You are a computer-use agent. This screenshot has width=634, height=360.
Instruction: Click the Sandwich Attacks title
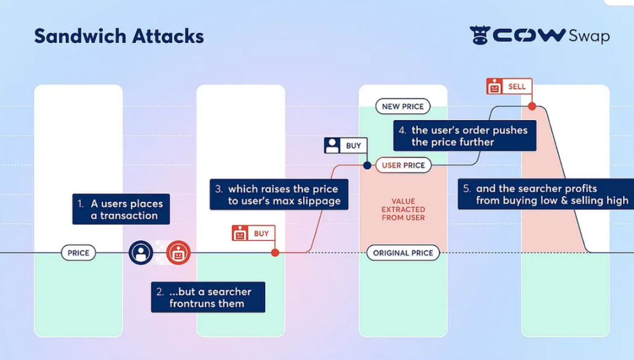[x=119, y=36]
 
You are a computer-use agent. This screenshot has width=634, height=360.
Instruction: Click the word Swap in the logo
[x=589, y=36]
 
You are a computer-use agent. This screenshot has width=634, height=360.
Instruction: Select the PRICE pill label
[x=78, y=253]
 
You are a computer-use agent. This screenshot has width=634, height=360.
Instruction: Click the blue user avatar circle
[x=141, y=253]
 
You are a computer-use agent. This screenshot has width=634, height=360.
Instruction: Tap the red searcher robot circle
[x=178, y=253]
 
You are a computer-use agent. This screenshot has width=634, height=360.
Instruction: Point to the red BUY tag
[x=253, y=233]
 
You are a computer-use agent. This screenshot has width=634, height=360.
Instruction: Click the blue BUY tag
[x=345, y=146]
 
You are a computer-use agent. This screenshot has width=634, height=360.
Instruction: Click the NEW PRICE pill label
[x=403, y=107]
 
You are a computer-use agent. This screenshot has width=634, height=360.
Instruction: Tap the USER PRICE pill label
[x=403, y=165]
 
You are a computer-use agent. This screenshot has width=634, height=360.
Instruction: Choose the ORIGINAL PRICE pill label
[x=403, y=253]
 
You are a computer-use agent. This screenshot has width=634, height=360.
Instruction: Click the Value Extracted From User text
[x=403, y=209]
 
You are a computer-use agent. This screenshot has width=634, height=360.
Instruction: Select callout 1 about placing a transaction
[x=121, y=209]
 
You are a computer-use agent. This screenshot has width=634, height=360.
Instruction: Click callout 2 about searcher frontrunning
[x=208, y=297]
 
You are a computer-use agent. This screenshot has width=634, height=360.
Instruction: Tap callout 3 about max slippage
[x=279, y=195]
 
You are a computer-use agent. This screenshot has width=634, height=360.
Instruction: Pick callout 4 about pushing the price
[x=465, y=136]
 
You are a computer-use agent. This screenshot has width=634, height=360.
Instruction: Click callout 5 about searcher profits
[x=546, y=195]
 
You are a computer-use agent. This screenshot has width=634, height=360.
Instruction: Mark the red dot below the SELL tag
[x=532, y=106]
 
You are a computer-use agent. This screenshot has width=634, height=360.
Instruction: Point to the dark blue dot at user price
[x=366, y=165]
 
